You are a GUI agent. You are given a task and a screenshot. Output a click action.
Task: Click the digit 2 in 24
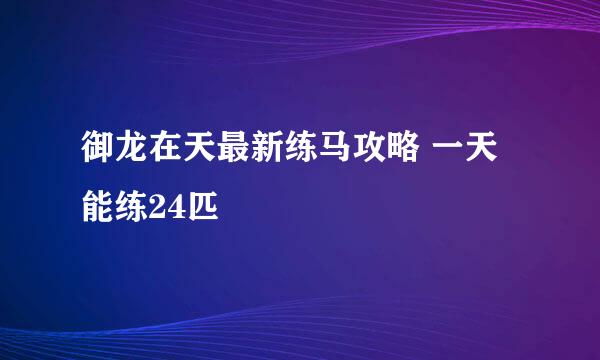[157, 207]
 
